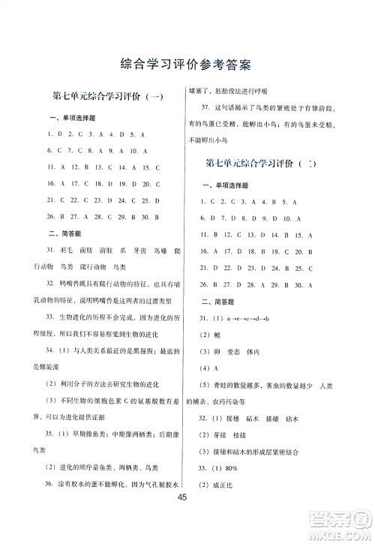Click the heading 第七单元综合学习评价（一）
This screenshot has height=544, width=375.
point(109,97)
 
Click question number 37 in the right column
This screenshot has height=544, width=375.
point(208,110)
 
